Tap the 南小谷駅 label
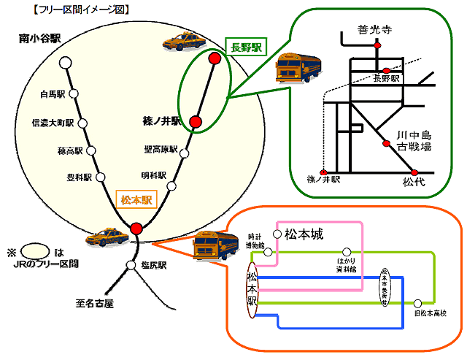pos(39,39)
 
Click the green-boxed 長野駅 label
pos(246,46)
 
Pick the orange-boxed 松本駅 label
pos(135,199)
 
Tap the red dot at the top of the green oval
pos(215,58)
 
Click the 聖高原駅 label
pos(161,150)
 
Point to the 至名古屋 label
pos(95,302)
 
